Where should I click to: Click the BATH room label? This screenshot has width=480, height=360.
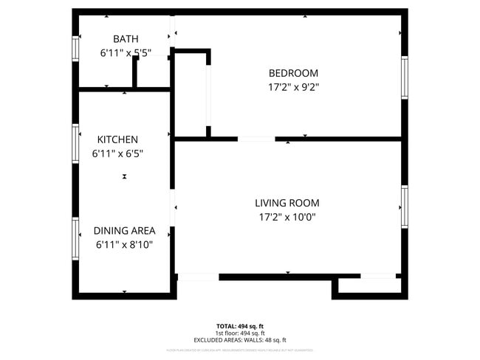[x=126, y=38]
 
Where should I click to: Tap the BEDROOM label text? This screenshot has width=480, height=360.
[x=293, y=73]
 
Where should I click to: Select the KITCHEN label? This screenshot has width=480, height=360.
[x=117, y=139]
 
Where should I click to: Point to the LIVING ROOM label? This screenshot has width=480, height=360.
[x=287, y=203]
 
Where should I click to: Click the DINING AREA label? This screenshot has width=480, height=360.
[x=124, y=231]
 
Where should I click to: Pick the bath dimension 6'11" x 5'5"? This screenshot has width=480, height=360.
[x=126, y=53]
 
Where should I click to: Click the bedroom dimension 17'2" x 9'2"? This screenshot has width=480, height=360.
[x=293, y=87]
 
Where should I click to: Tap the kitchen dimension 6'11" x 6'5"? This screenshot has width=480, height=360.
[x=117, y=154]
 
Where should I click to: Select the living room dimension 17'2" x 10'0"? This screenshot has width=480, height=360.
[x=287, y=218]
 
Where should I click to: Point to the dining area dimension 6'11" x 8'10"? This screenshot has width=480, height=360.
[x=124, y=245]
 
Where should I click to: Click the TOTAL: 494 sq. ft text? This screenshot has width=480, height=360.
[x=240, y=325]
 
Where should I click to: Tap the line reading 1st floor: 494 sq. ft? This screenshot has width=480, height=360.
[x=240, y=333]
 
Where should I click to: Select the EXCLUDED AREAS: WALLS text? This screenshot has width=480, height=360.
[x=240, y=340]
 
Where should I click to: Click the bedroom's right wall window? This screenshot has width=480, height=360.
[x=404, y=77]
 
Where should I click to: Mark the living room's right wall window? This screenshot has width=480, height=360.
[x=404, y=207]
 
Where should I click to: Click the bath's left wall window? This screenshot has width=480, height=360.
[x=75, y=49]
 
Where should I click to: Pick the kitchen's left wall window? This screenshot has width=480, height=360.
[x=75, y=142]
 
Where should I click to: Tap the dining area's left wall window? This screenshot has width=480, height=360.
[x=75, y=238]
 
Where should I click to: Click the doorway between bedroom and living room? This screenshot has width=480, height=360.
[x=256, y=138]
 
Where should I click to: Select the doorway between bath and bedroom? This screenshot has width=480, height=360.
[x=172, y=31]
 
